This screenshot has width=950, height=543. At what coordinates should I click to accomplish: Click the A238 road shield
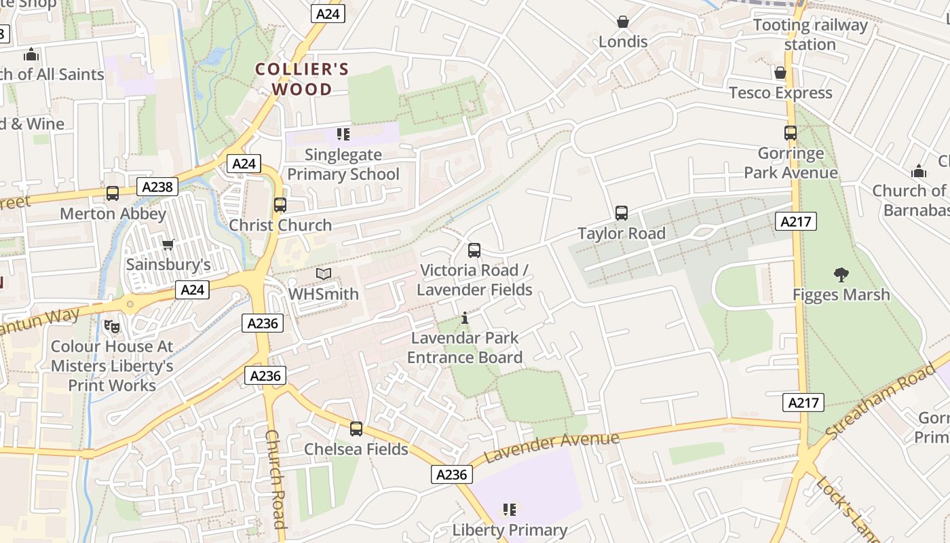pyautogui.click(x=157, y=187)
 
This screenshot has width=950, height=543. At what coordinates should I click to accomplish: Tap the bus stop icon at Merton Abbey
pyautogui.click(x=113, y=193)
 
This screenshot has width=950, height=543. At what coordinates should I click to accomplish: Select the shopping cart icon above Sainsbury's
pyautogui.click(x=168, y=244)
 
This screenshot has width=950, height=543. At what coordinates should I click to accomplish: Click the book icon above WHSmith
pyautogui.click(x=324, y=274)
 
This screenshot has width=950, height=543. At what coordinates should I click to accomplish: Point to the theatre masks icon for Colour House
pyautogui.click(x=112, y=326)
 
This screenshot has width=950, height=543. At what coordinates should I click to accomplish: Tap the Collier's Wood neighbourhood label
pyautogui.click(x=302, y=79)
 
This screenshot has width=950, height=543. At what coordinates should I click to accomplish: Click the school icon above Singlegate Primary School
pyautogui.click(x=343, y=134)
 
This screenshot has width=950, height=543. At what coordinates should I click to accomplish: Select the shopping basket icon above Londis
pyautogui.click(x=623, y=22)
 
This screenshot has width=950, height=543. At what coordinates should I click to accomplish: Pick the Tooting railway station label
pyautogui.click(x=810, y=35)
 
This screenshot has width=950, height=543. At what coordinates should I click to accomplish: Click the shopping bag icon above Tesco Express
pyautogui.click(x=780, y=73)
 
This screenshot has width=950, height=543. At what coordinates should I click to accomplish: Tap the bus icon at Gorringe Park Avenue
pyautogui.click(x=791, y=133)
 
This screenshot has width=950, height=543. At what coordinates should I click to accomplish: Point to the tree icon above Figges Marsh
pyautogui.click(x=841, y=275)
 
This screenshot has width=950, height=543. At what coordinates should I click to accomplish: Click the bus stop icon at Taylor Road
pyautogui.click(x=622, y=213)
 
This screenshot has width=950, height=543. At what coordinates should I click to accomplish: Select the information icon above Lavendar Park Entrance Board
pyautogui.click(x=465, y=318)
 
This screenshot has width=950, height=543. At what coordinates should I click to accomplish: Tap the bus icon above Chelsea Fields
pyautogui.click(x=356, y=429)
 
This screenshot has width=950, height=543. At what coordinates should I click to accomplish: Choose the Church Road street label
pyautogui.click(x=275, y=479)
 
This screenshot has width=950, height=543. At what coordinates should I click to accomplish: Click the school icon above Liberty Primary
pyautogui.click(x=510, y=510)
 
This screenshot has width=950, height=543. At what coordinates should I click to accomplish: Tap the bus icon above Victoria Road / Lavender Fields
pyautogui.click(x=474, y=250)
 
